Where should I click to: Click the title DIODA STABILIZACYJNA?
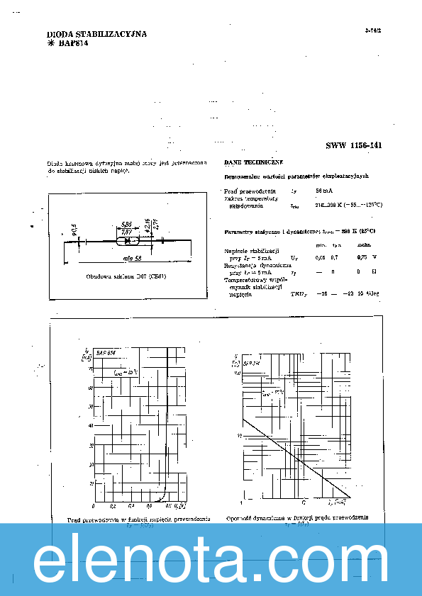[96, 34]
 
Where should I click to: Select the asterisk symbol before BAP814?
[50, 43]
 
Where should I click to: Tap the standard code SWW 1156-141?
[354, 145]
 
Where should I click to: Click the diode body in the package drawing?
[127, 242]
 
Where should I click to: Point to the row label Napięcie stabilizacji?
[252, 251]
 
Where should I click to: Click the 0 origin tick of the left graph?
[94, 506]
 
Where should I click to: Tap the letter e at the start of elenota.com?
[53, 563]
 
